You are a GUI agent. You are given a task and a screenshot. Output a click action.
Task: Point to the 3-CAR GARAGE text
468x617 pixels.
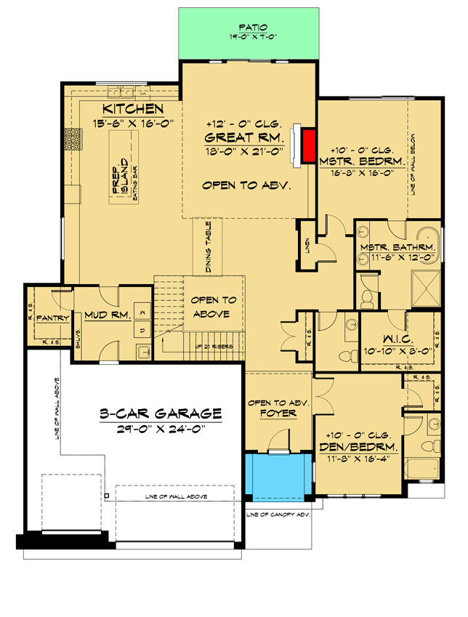click(x=161, y=414)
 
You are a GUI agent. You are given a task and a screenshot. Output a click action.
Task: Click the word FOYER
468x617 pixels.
click(x=280, y=415)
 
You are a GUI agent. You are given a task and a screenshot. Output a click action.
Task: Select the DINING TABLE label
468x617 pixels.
click(x=208, y=247)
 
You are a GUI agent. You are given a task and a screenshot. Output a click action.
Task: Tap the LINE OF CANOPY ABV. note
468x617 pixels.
click(x=278, y=514)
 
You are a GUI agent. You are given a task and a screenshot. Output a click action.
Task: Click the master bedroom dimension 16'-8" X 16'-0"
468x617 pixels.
click(x=361, y=173)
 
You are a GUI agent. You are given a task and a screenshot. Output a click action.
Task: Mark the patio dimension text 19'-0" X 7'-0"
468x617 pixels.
click(x=249, y=36)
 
